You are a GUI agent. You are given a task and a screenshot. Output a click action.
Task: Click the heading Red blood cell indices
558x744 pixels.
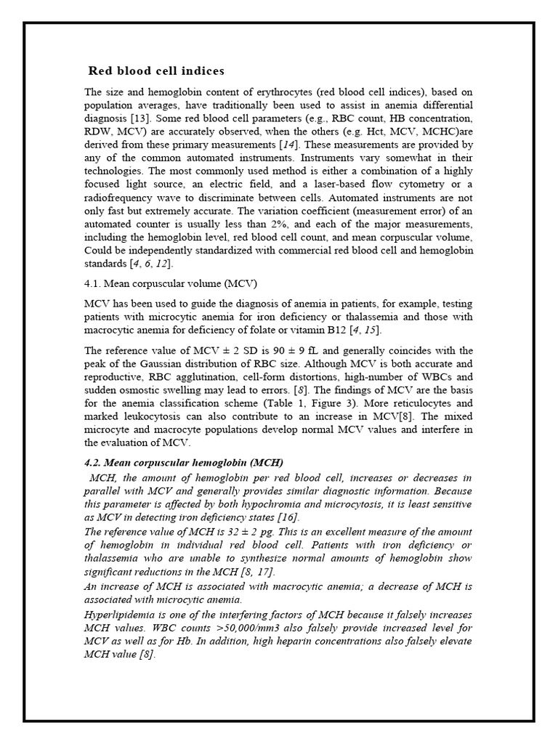[156, 71]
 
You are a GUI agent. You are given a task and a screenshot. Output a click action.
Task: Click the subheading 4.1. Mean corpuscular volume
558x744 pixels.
[171, 283]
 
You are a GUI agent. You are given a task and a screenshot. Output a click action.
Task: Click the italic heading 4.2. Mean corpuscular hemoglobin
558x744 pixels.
[184, 463]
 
